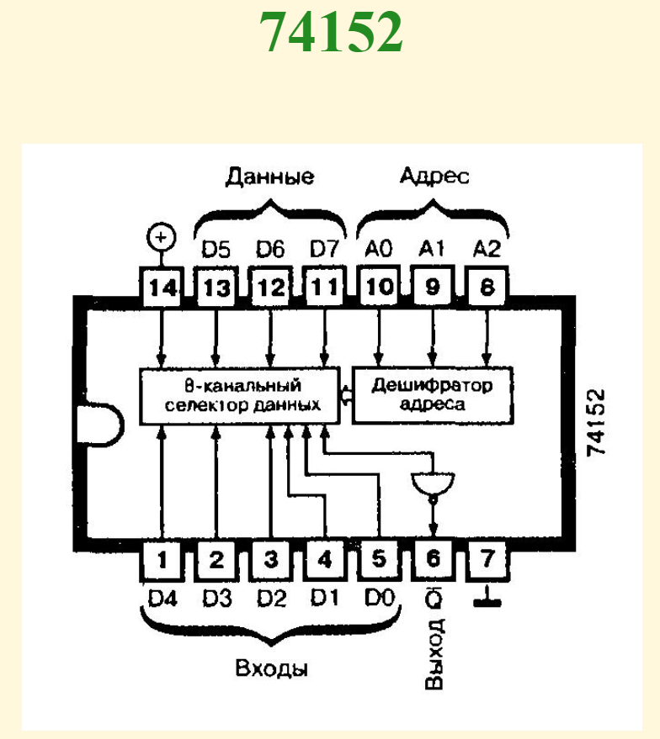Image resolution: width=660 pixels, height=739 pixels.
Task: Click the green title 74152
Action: (330, 33)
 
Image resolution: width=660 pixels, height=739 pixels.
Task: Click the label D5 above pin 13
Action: (216, 249)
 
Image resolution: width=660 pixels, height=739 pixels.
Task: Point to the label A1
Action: (433, 249)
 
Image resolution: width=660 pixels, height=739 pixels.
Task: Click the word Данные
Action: (269, 177)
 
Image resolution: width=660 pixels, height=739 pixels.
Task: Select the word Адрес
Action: (434, 177)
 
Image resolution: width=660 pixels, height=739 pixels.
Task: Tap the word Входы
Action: (271, 669)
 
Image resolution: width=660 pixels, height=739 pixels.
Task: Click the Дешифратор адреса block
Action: (433, 394)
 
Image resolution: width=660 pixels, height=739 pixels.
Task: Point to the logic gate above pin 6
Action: (433, 484)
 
